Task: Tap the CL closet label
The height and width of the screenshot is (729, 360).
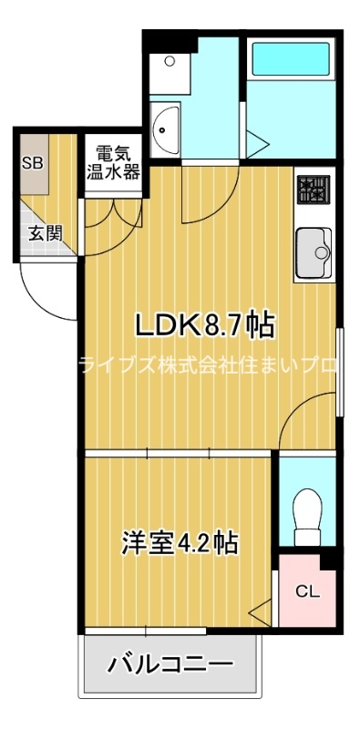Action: click(307, 591)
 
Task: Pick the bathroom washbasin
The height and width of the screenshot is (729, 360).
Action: click(167, 129)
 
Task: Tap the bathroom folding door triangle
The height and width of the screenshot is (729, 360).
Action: click(258, 143)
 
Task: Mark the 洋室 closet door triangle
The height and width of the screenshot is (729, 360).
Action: click(262, 611)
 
